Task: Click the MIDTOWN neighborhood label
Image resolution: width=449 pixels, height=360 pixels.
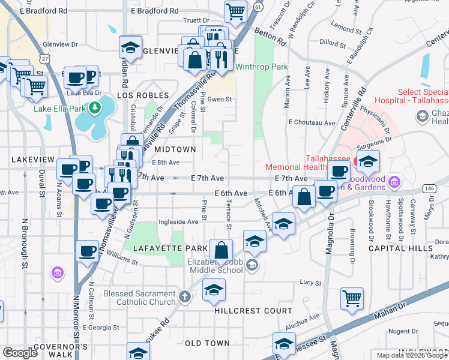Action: pos(175,149)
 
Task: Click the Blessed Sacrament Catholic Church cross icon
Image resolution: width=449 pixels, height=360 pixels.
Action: pos(185,296)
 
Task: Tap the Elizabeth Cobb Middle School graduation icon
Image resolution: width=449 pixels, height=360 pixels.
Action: pos(252,265)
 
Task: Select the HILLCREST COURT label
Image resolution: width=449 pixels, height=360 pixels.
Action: pos(253,311)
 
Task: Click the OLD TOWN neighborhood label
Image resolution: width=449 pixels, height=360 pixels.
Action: pos(207,343)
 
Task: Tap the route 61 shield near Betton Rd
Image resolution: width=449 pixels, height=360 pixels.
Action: pos(257,6)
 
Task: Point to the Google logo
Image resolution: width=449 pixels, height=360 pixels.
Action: pos(20,353)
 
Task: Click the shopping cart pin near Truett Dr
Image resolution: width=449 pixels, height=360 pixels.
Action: pos(236,10)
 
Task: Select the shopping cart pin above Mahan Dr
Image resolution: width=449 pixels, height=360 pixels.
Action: pos(352,298)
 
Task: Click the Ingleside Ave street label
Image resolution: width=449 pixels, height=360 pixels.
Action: pos(178,221)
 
